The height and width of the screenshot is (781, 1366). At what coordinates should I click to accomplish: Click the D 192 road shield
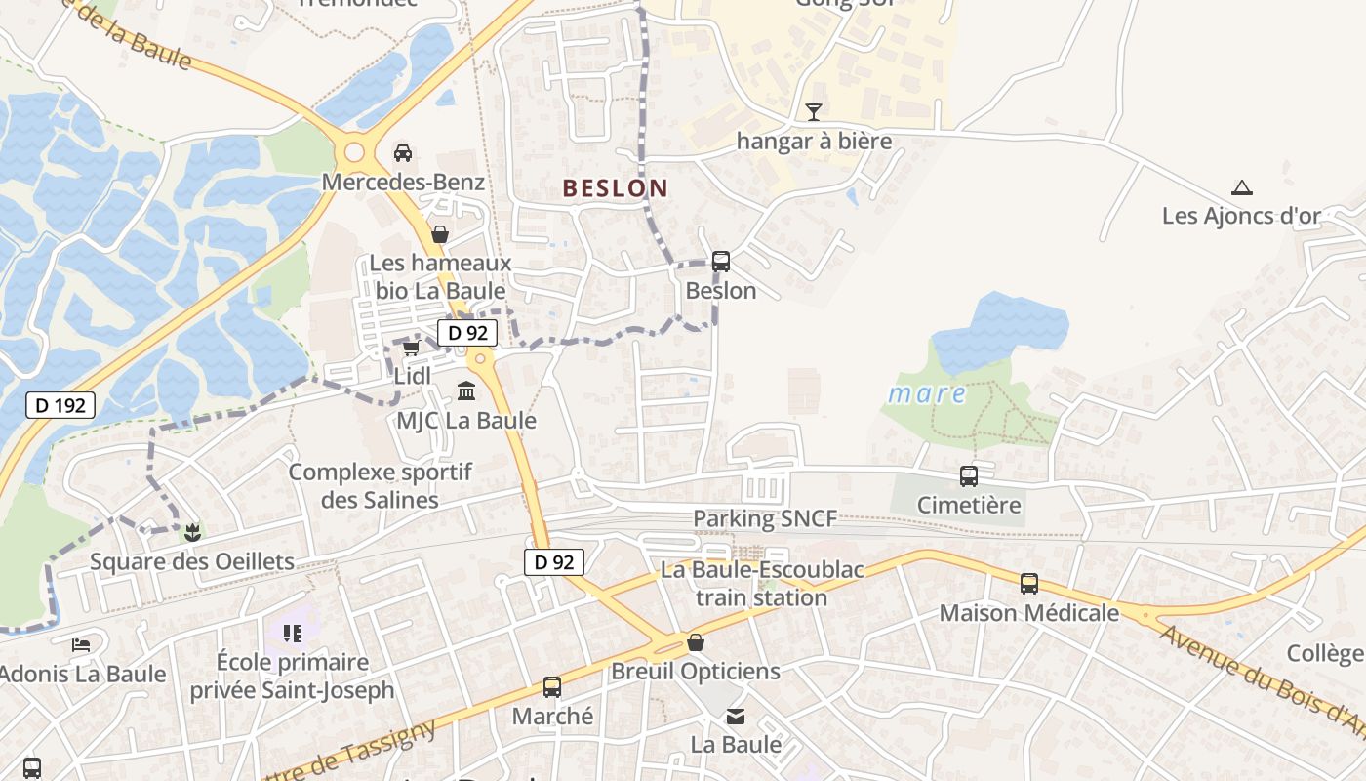(60, 405)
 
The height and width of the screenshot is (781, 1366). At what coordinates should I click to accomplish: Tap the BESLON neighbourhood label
(616, 188)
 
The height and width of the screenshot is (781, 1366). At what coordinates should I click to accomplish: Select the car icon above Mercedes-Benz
(402, 152)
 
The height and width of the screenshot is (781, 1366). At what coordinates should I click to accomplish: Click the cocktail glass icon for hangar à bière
(814, 112)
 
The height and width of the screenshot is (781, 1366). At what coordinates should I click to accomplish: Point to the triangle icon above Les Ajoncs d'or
(1241, 187)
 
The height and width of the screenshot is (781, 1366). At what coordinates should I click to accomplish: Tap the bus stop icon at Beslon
(721, 262)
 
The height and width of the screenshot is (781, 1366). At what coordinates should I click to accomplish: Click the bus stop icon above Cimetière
(968, 476)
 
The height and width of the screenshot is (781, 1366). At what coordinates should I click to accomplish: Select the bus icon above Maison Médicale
(1029, 584)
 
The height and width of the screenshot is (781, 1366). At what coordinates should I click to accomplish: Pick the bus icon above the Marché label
(552, 687)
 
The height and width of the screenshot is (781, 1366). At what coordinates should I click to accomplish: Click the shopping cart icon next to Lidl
(411, 349)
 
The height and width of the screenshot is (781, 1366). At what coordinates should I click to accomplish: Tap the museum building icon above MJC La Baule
(466, 391)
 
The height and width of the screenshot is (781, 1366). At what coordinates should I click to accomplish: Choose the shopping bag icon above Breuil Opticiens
(695, 642)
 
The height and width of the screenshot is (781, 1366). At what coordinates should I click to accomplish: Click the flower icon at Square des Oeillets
(192, 532)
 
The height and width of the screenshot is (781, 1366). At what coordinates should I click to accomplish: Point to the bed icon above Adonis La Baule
(81, 645)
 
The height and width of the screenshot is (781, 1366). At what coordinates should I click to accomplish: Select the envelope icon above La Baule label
(736, 717)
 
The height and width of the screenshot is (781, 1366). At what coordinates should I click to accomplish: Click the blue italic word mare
(927, 394)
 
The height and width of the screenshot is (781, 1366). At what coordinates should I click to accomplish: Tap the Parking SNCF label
(765, 519)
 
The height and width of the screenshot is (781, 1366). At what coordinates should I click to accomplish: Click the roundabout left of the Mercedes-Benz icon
(354, 152)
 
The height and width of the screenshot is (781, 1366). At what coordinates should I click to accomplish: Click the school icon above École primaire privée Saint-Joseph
(292, 634)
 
